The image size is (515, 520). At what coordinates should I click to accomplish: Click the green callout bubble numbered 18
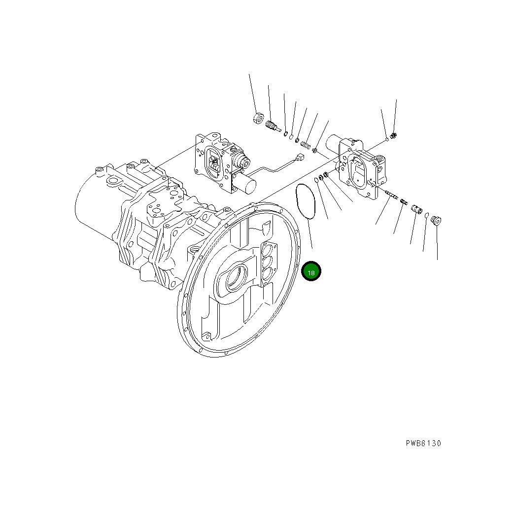[x=311, y=271]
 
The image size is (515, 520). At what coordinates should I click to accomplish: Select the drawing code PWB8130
[x=423, y=443]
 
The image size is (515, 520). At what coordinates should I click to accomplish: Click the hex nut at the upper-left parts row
[x=256, y=118]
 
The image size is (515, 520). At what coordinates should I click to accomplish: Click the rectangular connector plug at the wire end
[x=299, y=157]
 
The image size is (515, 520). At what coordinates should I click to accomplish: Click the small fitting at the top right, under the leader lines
[x=393, y=135]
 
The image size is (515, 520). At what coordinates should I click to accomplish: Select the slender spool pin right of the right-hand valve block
[x=393, y=195]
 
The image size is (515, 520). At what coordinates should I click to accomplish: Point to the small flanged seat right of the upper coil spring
[x=315, y=149]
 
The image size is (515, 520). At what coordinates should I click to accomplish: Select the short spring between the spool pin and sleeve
[x=404, y=201]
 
